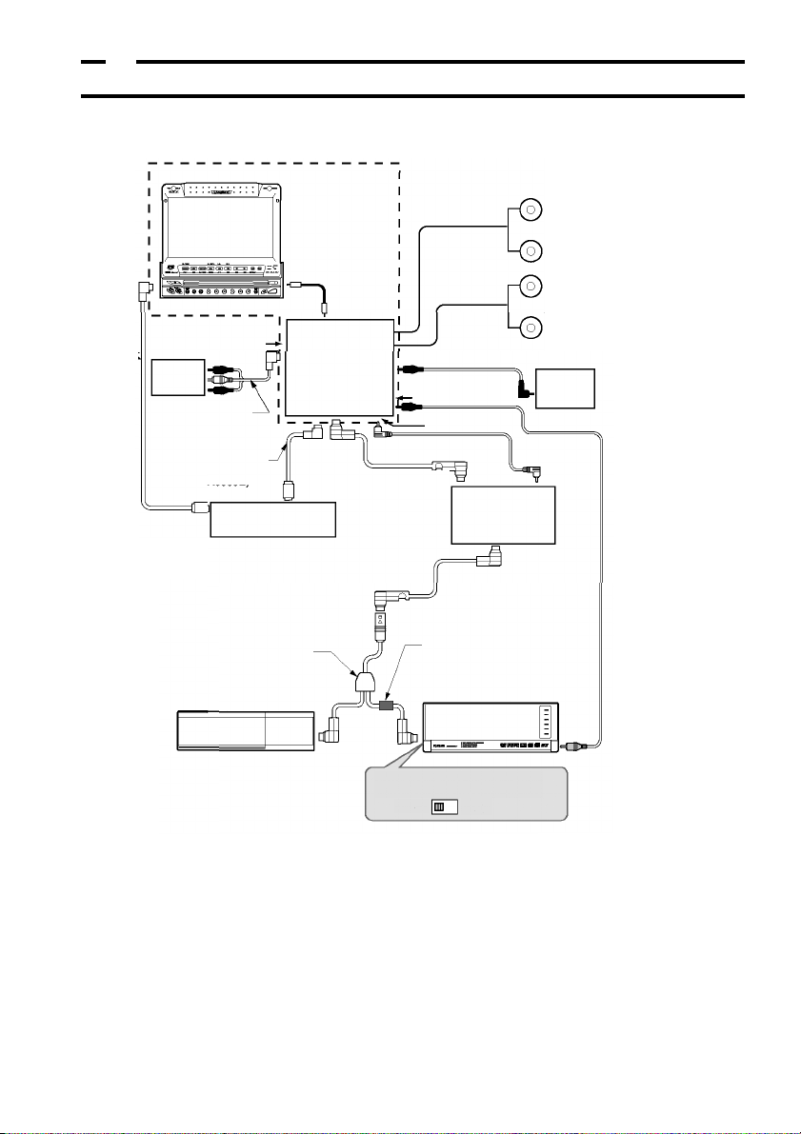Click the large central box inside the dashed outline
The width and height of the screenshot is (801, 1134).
[340, 366]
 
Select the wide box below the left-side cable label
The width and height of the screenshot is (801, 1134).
[273, 519]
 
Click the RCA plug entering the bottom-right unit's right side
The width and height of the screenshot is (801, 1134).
[574, 749]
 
